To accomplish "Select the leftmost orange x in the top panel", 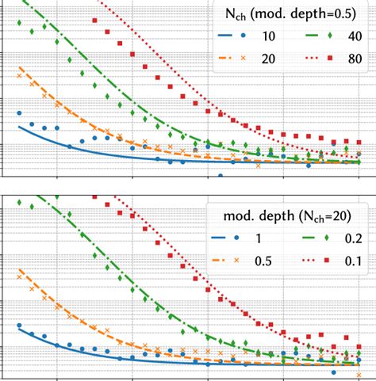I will click(18, 74).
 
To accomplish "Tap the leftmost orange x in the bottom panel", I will click(18, 276).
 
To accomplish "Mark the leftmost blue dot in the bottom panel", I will click(18, 325).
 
